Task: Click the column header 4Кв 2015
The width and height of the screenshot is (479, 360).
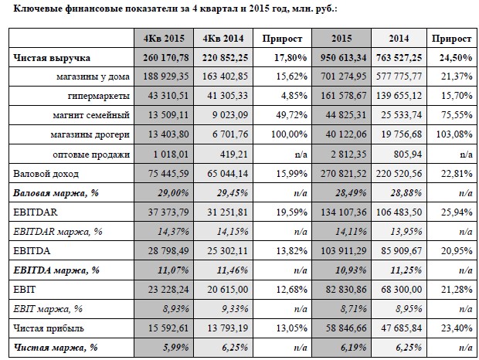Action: (x=164, y=39)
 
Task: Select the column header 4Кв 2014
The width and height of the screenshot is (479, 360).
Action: (x=223, y=39)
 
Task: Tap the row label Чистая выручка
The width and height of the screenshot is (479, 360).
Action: (x=52, y=58)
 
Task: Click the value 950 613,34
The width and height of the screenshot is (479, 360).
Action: (x=343, y=57)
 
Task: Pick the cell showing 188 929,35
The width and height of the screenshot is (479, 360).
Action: (x=166, y=76)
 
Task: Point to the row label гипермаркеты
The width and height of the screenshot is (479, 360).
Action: (x=99, y=96)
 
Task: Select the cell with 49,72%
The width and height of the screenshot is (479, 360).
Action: (x=291, y=115)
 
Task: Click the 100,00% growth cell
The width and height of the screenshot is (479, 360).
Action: (x=289, y=134)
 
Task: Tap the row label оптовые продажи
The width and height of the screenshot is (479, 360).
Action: (x=91, y=155)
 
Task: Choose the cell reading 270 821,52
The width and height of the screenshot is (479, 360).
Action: (x=343, y=174)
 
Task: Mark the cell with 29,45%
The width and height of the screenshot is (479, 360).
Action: (x=233, y=193)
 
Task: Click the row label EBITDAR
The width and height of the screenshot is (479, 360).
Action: (x=36, y=212)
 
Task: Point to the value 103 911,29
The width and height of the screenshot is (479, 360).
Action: (x=343, y=251)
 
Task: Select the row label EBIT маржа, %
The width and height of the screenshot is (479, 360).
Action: (x=48, y=309)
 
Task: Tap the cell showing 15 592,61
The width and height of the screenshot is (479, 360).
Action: (x=168, y=328)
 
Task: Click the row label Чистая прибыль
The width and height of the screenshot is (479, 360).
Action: (x=49, y=328)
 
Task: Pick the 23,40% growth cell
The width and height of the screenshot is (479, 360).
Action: (x=457, y=328)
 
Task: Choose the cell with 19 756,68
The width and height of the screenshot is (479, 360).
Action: (x=402, y=134)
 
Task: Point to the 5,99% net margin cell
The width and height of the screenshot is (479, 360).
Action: (x=175, y=348)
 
